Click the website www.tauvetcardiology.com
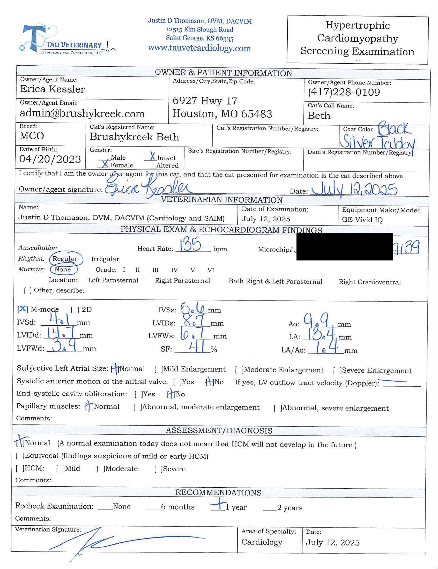tap(199, 48)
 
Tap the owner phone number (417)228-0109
tap(344, 92)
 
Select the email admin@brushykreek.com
tap(82, 113)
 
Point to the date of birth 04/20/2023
tap(50, 159)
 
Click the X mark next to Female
tap(105, 164)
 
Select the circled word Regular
tap(65, 259)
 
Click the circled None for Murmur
tap(63, 269)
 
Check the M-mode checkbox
tap(23, 309)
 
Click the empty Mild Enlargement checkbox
tap(158, 369)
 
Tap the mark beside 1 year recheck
tap(218, 504)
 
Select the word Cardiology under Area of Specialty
tap(262, 542)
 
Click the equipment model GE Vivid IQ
tap(362, 220)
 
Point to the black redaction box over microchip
tap(344, 246)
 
